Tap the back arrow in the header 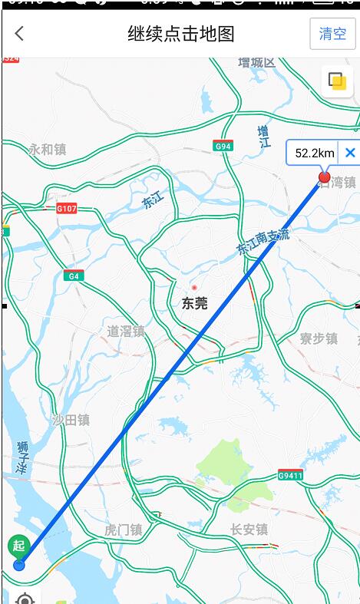pos(19,33)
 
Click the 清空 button pos(332,34)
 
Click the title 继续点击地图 pos(181,34)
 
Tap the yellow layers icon pos(336,81)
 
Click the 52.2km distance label pos(315,153)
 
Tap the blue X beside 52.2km pos(350,153)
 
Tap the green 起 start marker pos(18,546)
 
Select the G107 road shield pos(67,208)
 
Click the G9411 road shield pos(290,475)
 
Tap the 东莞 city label pos(194,303)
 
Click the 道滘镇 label pos(125,331)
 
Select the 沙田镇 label pos(71,419)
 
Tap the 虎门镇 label pos(123,530)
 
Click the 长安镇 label pos(249,530)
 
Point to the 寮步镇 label pos(318,338)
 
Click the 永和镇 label pos(47,150)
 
